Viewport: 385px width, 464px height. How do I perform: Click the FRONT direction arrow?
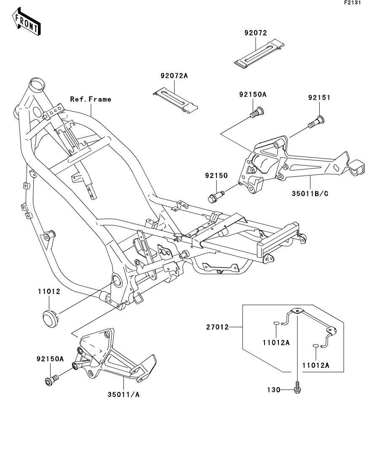coord(26,21)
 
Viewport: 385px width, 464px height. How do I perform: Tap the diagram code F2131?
coord(353,3)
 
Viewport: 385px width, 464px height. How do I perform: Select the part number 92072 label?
coord(256,33)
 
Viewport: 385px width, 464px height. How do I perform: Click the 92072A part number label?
coord(174,76)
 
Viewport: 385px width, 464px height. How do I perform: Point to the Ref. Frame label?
coord(91,99)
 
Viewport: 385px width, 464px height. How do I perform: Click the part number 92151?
coord(319,98)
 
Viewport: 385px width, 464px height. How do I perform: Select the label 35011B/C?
coord(310,194)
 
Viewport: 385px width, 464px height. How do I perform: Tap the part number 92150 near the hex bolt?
coord(217,175)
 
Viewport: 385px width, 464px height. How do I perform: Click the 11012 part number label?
coord(49,292)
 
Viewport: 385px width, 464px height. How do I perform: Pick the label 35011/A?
coord(123,395)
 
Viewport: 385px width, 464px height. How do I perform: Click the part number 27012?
coord(217,327)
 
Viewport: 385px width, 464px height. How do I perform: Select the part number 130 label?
coord(273,390)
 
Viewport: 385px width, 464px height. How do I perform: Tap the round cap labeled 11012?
coord(50,318)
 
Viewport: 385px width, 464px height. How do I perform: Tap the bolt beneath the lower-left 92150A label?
coord(51,380)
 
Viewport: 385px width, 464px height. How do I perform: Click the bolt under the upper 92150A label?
coord(257,112)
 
